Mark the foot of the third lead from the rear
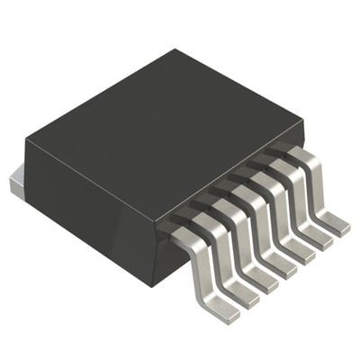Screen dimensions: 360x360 point(300,252)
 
